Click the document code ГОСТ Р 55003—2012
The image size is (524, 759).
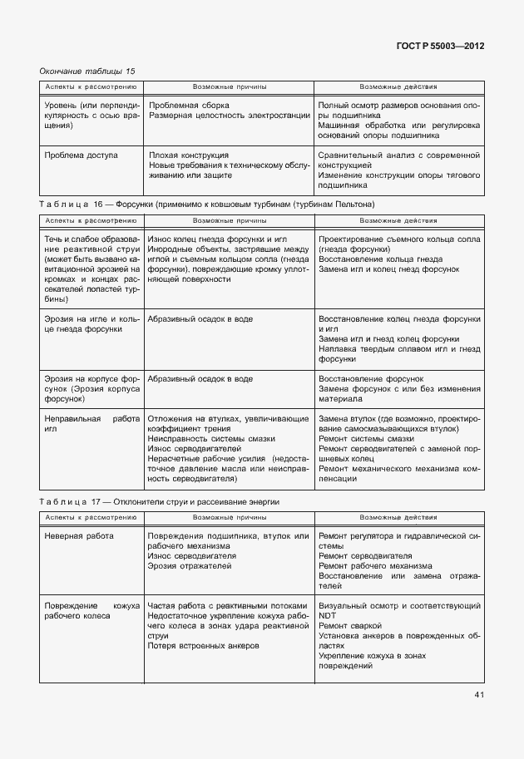pos(441,46)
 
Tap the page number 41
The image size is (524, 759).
pos(478,695)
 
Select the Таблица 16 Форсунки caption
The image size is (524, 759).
pos(206,204)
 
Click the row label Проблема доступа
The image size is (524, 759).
pos(81,155)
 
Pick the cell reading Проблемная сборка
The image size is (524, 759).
pos(189,106)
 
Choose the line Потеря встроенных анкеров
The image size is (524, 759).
pos(203,645)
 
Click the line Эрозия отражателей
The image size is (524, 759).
pos(190,565)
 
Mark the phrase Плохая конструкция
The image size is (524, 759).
pos(188,155)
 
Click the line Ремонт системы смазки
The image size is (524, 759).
pos(366,438)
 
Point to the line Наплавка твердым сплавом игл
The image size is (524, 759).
pos(399,349)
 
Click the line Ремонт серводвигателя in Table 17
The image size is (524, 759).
pos(365,555)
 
